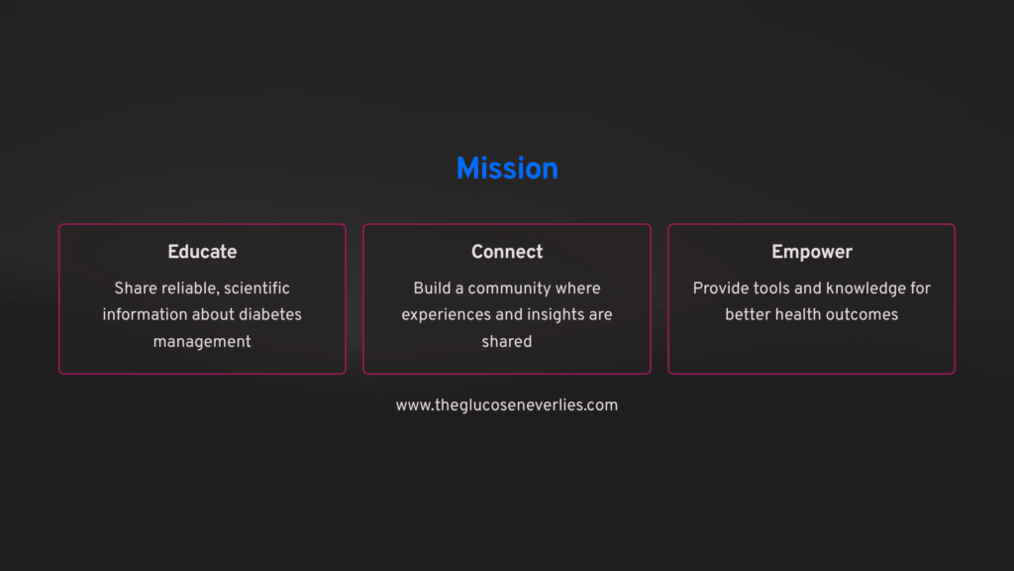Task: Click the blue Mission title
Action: tap(507, 169)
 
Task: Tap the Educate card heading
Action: tap(202, 252)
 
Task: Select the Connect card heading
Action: tap(507, 252)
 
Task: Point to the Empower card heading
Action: tap(812, 253)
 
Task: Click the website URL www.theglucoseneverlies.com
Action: tap(507, 405)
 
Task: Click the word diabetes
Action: tap(270, 314)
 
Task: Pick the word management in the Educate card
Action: tap(202, 342)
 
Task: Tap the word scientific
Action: tap(256, 288)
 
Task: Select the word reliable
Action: tap(188, 288)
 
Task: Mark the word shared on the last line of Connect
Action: tap(507, 341)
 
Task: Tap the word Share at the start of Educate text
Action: tap(134, 288)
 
